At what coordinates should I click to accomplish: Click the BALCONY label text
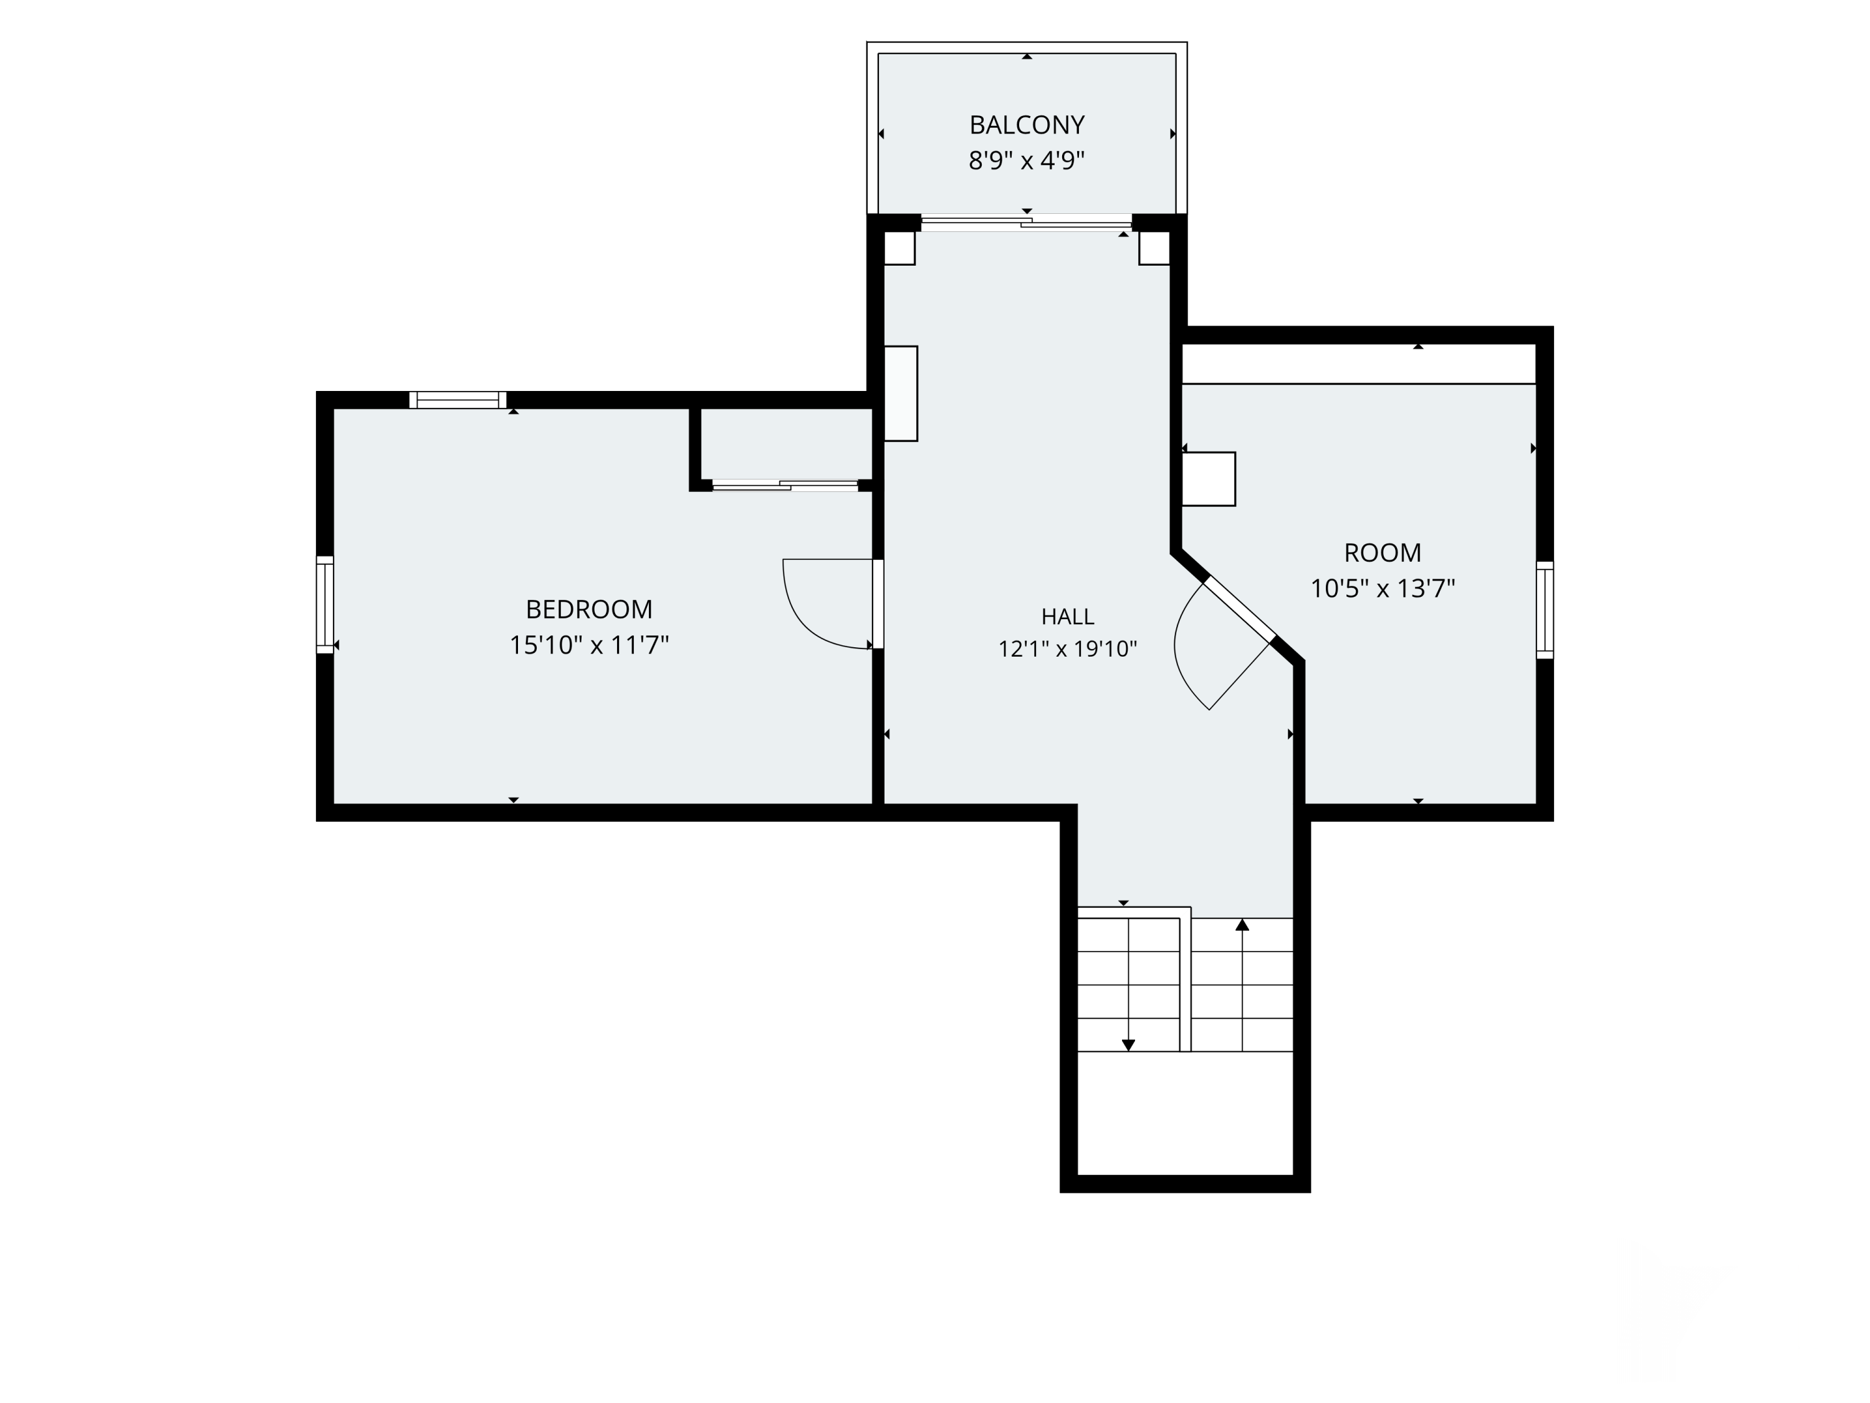(x=1026, y=125)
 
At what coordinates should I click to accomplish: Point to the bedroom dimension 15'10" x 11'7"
(x=589, y=645)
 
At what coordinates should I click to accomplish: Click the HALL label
(x=1068, y=617)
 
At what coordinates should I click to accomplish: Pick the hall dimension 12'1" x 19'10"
(x=1068, y=648)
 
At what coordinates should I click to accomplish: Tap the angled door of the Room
(x=1239, y=609)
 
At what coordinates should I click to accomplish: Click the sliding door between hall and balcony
(x=1026, y=223)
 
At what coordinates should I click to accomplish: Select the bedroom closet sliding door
(x=785, y=485)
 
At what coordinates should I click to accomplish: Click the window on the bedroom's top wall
(x=458, y=400)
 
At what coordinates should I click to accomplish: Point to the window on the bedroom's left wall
(x=325, y=605)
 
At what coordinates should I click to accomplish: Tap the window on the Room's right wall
(x=1545, y=610)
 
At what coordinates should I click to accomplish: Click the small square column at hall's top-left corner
(x=899, y=248)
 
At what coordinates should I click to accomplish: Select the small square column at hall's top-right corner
(x=1154, y=248)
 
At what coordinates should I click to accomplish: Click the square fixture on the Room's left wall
(x=1208, y=480)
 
